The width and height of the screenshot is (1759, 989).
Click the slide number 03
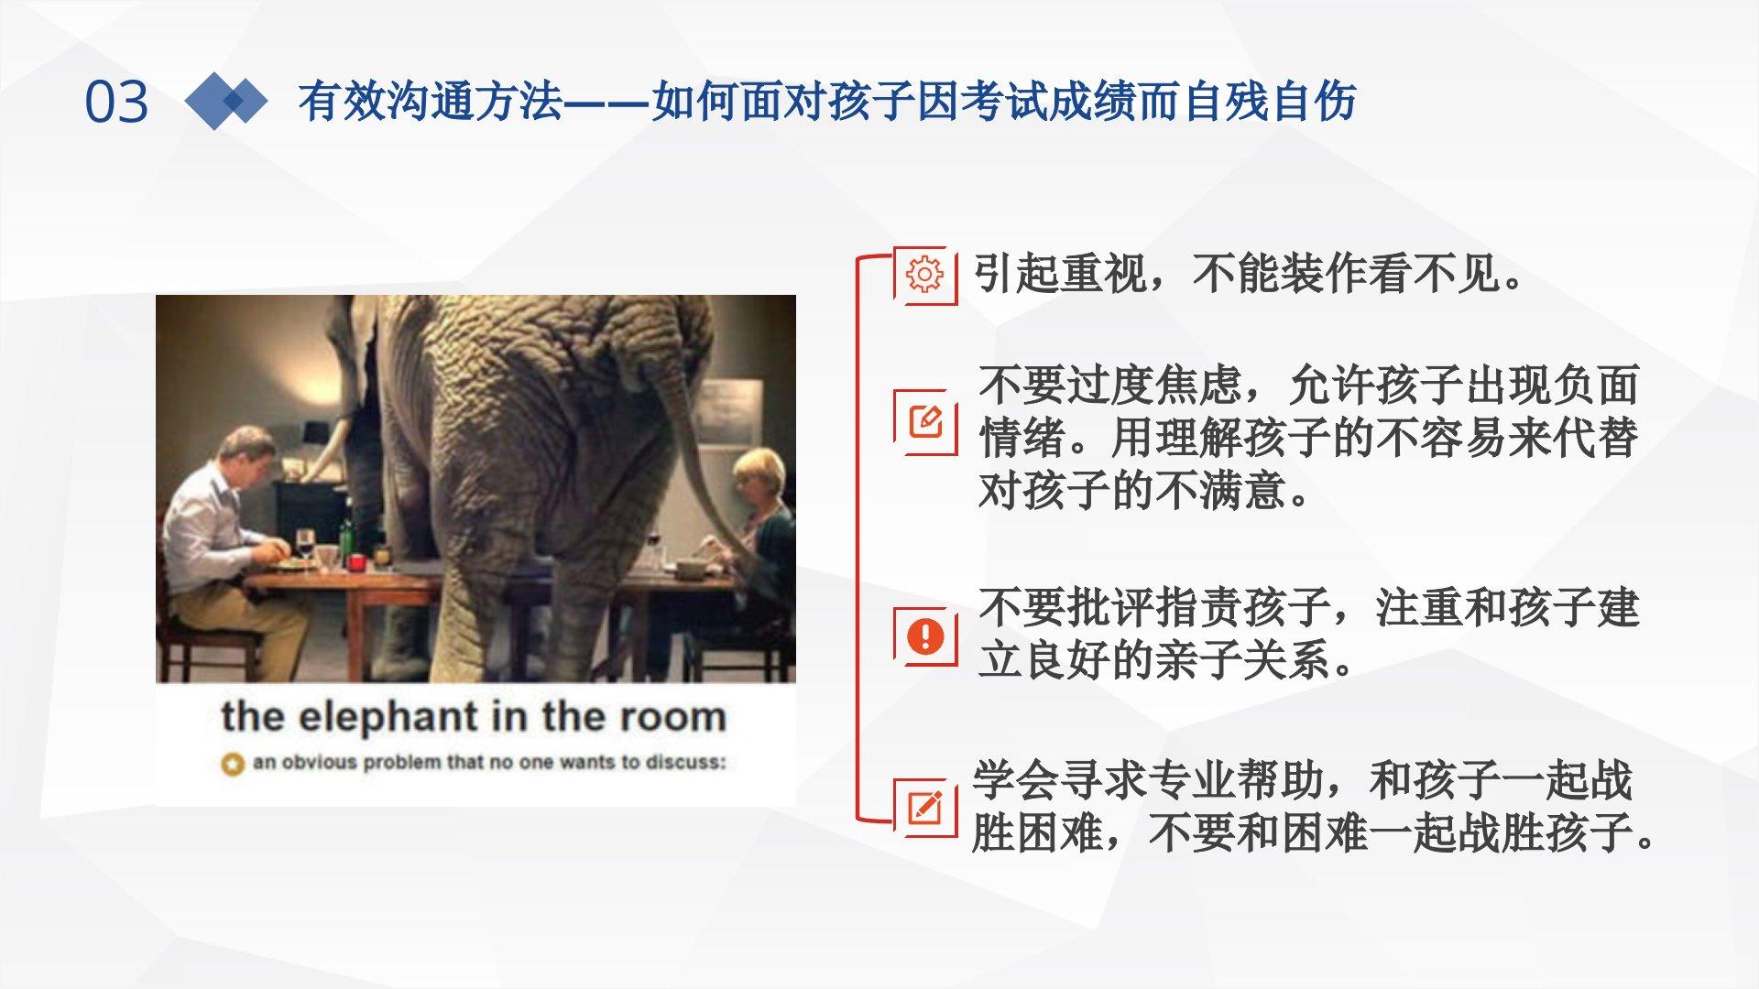coord(116,101)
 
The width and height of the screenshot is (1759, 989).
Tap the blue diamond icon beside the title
coord(225,101)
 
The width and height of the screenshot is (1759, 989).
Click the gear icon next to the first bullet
coord(924,274)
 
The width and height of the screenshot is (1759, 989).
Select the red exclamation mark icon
coord(925,636)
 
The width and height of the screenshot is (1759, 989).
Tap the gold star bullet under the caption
coord(233,764)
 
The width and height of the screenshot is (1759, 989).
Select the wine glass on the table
coord(305,546)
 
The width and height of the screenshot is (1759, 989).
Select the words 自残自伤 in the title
coord(1269,101)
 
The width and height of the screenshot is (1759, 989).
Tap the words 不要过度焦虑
coord(1110,385)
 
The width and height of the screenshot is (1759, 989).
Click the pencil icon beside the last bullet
coord(925,807)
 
